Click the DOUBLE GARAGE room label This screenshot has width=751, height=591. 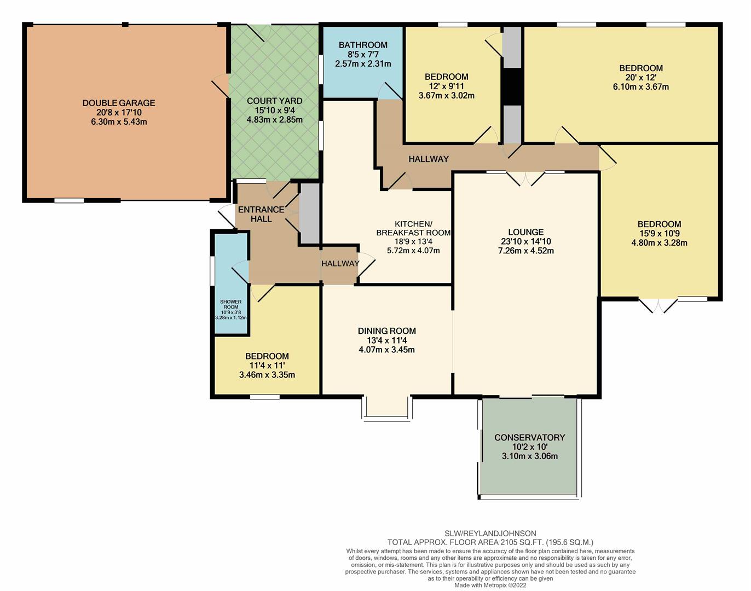(x=119, y=103)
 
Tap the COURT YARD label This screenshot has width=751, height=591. (x=275, y=101)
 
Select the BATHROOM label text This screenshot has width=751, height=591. (x=363, y=45)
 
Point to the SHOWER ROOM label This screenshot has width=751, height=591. (x=230, y=304)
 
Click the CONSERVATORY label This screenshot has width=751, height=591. (x=529, y=437)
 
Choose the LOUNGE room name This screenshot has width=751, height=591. (x=526, y=232)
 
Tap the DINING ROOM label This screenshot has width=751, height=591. (x=386, y=331)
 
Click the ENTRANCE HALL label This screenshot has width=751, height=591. (x=261, y=214)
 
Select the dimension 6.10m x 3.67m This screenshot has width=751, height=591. (x=641, y=87)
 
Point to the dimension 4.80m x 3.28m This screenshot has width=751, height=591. (x=659, y=243)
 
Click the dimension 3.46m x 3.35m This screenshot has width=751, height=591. (x=267, y=375)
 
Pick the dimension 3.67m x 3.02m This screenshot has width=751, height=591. (x=446, y=96)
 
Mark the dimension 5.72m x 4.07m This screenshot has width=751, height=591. (x=413, y=251)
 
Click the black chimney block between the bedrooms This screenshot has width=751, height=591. (x=512, y=86)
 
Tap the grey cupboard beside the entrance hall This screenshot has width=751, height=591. (x=310, y=213)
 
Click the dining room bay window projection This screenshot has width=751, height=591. (x=387, y=407)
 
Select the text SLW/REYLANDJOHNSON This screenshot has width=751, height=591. (x=490, y=534)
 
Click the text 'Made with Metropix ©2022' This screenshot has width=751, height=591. (x=490, y=585)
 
